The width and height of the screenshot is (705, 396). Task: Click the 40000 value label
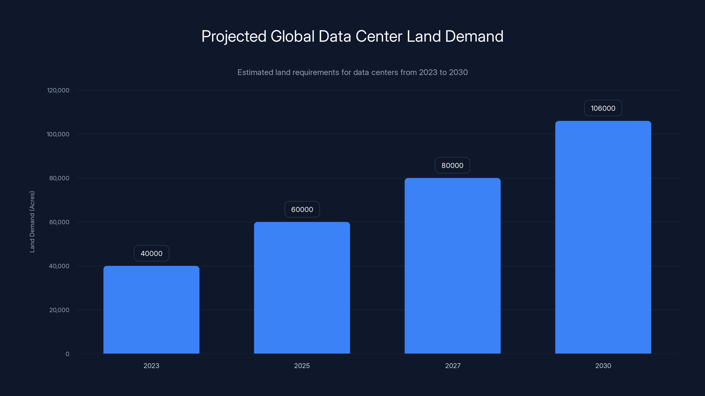pyautogui.click(x=151, y=253)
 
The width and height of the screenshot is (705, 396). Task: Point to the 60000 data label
pyautogui.click(x=302, y=209)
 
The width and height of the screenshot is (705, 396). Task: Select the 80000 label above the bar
pyautogui.click(x=452, y=165)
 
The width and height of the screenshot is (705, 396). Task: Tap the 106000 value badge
pyautogui.click(x=603, y=108)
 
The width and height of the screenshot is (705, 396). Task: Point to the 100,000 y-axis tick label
pyautogui.click(x=58, y=134)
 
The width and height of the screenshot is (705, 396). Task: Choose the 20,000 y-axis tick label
pyautogui.click(x=59, y=310)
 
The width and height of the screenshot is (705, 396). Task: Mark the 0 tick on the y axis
pyautogui.click(x=67, y=354)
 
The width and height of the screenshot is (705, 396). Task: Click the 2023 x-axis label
pyautogui.click(x=151, y=366)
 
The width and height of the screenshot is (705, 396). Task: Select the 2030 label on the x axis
pyautogui.click(x=603, y=366)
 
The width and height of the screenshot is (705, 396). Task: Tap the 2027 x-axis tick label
pyautogui.click(x=453, y=366)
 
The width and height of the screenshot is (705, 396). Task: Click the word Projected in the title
pyautogui.click(x=234, y=36)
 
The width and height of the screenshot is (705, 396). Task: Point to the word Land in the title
pyautogui.click(x=423, y=36)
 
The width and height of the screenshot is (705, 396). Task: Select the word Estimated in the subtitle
pyautogui.click(x=255, y=72)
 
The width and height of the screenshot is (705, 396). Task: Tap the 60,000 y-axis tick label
pyautogui.click(x=59, y=222)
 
